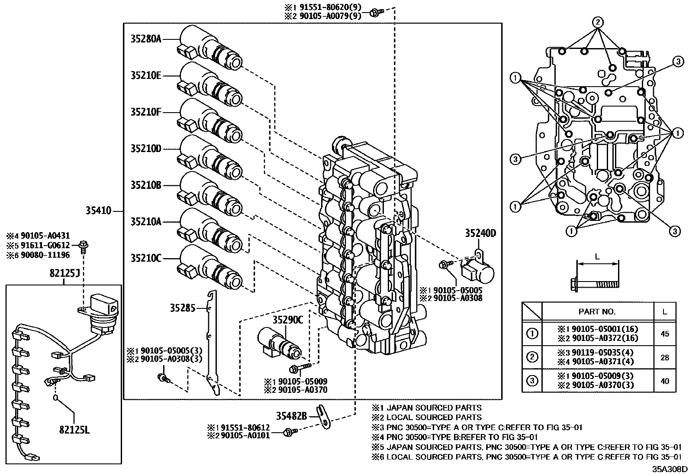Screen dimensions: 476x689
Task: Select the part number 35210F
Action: [146, 112]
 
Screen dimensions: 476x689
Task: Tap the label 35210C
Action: [146, 259]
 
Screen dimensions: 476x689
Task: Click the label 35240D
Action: [480, 233]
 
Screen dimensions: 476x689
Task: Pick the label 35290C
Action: [288, 320]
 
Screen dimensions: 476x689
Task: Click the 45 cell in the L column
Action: [665, 334]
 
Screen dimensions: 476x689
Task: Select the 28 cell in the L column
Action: [665, 357]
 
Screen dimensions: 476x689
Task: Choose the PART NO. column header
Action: [597, 311]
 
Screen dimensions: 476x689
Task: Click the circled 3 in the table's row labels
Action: [532, 381]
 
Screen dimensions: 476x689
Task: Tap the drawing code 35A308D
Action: [670, 469]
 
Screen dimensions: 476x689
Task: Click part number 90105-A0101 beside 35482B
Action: [245, 435]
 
